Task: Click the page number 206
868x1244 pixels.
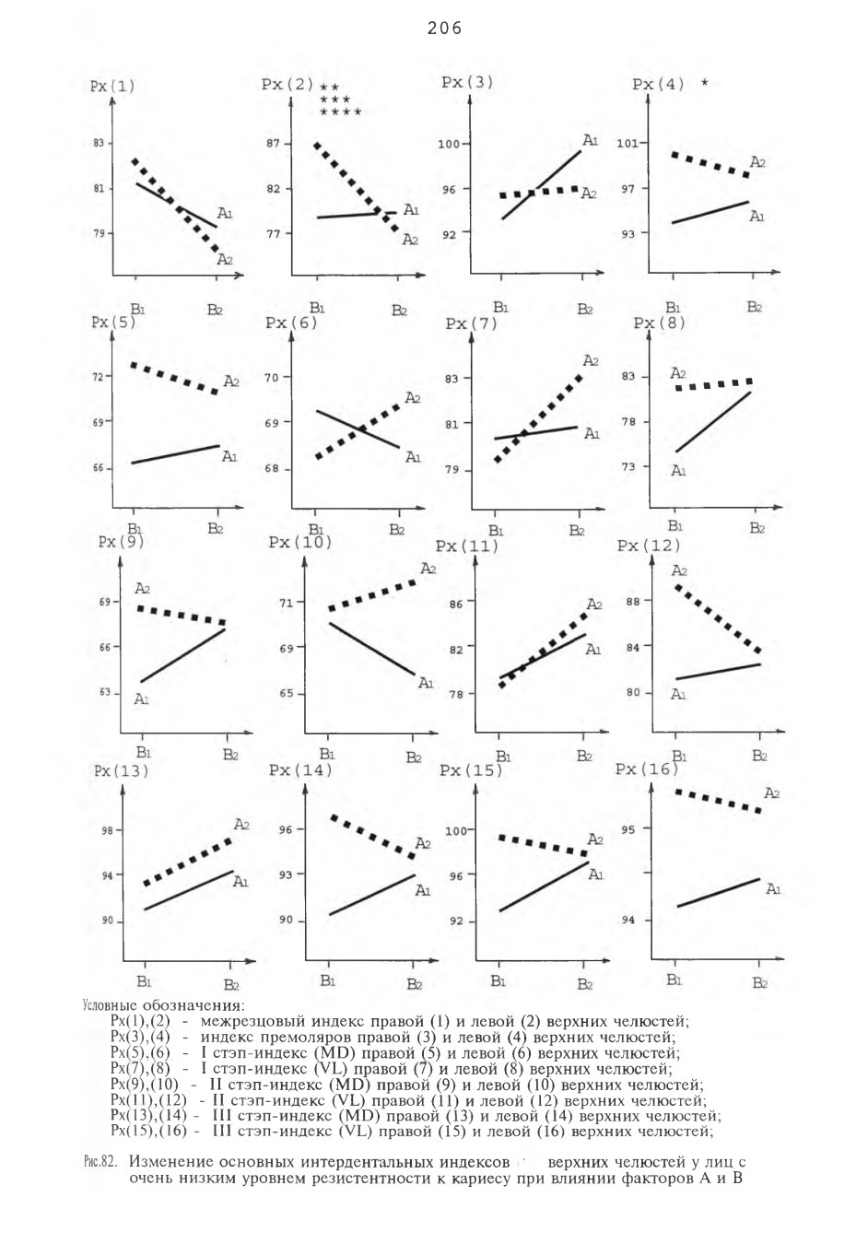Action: [444, 28]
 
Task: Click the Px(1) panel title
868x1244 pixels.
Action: [112, 87]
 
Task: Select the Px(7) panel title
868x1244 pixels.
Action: [472, 323]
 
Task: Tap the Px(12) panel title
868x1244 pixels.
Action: [649, 546]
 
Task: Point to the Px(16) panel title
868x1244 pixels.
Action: [648, 769]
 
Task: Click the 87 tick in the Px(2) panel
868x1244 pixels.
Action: [275, 143]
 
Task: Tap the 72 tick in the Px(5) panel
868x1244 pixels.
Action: [97, 377]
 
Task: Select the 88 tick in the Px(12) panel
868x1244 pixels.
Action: [633, 601]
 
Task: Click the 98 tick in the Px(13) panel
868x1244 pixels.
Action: [107, 830]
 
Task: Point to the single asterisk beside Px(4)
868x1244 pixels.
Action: [705, 83]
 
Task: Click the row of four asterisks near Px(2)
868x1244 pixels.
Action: [341, 112]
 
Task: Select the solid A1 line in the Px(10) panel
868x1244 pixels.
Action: [371, 650]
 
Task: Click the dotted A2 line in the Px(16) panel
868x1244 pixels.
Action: [718, 801]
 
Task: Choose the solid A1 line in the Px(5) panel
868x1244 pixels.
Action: [175, 453]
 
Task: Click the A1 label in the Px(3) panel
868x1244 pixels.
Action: [590, 140]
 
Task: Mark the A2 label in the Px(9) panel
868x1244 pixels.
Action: [142, 588]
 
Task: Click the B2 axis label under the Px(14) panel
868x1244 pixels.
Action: [415, 984]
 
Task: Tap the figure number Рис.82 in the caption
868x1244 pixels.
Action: [100, 1162]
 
